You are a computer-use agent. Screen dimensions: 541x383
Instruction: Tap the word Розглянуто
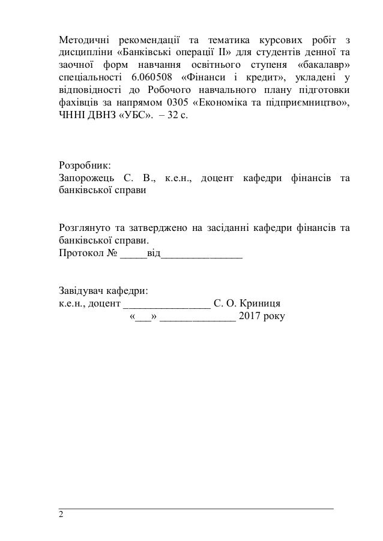(84, 229)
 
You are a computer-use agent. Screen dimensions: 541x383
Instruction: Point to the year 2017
(250, 317)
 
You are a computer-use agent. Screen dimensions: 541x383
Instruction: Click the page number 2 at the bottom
(60, 515)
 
